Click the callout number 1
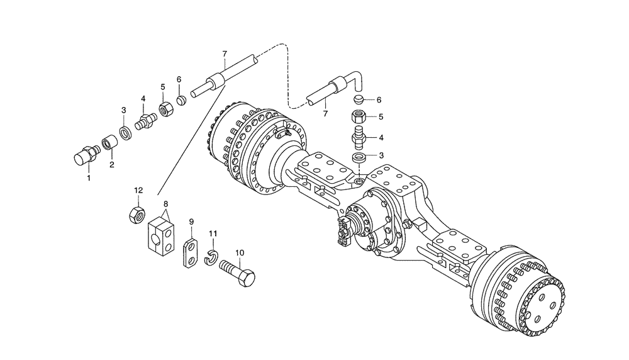tap(89, 178)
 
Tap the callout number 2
tap(112, 166)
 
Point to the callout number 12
tap(137, 189)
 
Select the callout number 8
tap(165, 204)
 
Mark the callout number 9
tap(191, 222)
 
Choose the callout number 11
tap(213, 234)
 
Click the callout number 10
tap(240, 253)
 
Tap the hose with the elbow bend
tap(333, 90)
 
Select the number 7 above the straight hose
tap(224, 53)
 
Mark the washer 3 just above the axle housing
tap(359, 157)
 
